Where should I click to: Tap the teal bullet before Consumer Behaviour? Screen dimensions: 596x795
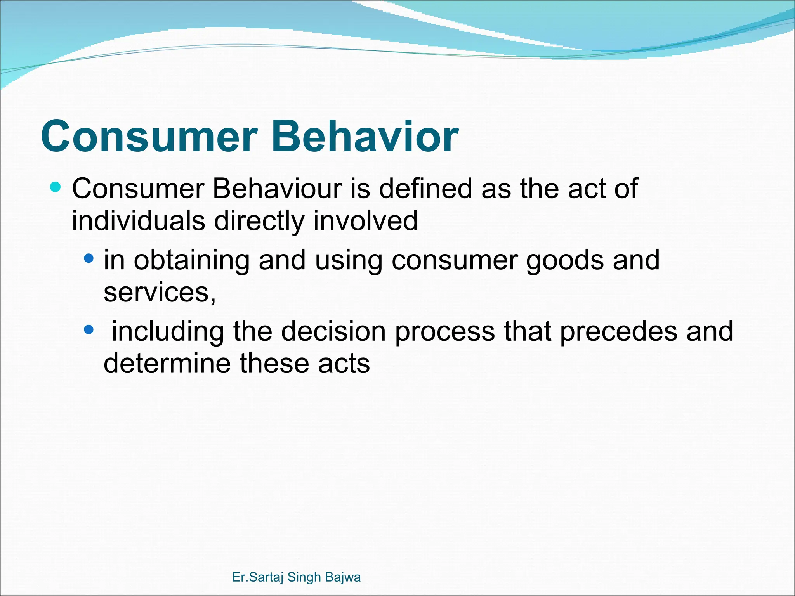(x=56, y=187)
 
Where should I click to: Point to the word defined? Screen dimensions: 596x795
(x=425, y=189)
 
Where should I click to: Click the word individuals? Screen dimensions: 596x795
(x=138, y=221)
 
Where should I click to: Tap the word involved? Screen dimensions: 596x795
(x=365, y=221)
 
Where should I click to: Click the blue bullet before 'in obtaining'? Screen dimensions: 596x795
(x=89, y=258)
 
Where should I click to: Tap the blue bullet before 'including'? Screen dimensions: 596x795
(x=89, y=330)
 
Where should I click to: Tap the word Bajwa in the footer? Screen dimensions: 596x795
(x=343, y=577)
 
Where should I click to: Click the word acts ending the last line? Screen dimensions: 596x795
(x=344, y=364)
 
